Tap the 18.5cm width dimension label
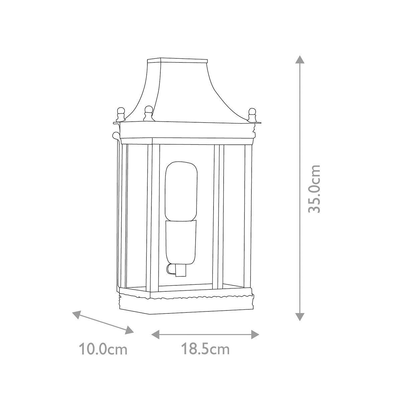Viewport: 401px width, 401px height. point(205,350)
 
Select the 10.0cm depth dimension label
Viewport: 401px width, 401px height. point(103,350)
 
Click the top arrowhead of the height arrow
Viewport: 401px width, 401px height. point(300,60)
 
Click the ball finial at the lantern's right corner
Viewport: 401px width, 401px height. point(253,113)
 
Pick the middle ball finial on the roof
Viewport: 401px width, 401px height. point(148,110)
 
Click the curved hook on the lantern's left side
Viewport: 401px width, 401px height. point(115,136)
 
